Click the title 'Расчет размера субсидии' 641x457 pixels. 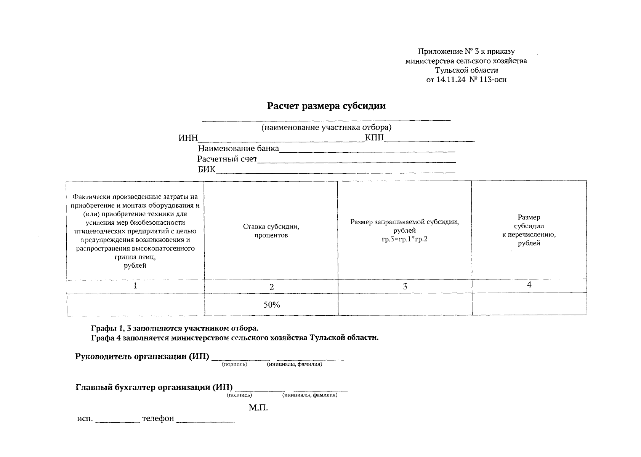coord(326,106)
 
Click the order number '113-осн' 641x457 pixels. coord(493,80)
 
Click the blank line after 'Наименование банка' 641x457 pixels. coord(367,151)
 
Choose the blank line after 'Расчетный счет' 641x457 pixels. coord(357,161)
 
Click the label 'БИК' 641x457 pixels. coord(206,169)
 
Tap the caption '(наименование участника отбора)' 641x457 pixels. coord(326,127)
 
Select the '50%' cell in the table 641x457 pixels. coord(271,305)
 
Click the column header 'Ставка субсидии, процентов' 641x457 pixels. coord(271,231)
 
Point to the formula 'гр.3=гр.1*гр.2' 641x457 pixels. coord(404,239)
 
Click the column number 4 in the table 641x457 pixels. coord(529,285)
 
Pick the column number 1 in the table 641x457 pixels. coord(135,286)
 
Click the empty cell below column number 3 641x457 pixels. coord(405,305)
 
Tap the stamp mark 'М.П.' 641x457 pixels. coord(258,408)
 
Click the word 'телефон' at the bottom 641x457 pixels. coord(158,419)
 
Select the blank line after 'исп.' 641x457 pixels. coord(117,420)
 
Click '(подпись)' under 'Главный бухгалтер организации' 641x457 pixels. coord(239,395)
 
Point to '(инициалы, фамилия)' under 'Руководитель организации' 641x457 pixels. coord(294,364)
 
